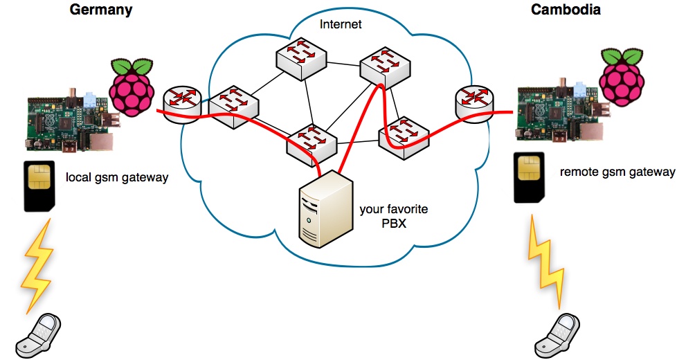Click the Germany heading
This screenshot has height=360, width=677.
pyautogui.click(x=101, y=10)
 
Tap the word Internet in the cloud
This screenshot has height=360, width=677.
pyautogui.click(x=341, y=25)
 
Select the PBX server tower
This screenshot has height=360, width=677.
pyautogui.click(x=321, y=208)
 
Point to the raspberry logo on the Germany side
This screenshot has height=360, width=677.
pyautogui.click(x=132, y=86)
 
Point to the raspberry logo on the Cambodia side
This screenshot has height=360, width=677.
pyautogui.click(x=621, y=78)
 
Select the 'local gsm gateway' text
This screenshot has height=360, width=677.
pyautogui.click(x=117, y=178)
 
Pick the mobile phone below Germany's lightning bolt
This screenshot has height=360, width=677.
pyautogui.click(x=39, y=336)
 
